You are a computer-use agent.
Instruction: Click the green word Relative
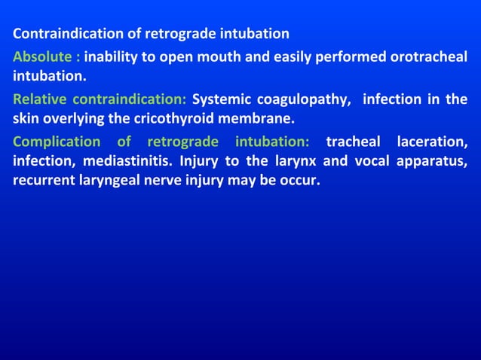point(38,99)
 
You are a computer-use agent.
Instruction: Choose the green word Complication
point(55,141)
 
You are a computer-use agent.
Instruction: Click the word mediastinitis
point(116,160)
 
